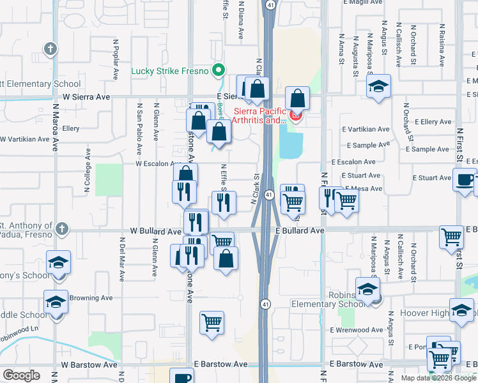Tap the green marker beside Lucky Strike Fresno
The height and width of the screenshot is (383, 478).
click(219, 70)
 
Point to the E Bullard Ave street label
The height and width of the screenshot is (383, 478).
click(301, 230)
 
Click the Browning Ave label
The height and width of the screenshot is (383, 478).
click(91, 297)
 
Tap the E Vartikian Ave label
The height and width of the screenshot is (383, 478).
click(365, 129)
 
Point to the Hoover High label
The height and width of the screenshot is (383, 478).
click(425, 313)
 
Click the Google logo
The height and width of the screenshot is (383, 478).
click(21, 375)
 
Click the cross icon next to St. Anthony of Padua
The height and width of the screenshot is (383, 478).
click(61, 228)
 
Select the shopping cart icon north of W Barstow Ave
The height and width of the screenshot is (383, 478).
click(212, 322)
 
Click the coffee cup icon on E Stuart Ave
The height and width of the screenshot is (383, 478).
click(465, 179)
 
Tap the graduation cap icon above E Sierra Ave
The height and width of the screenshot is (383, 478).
click(378, 86)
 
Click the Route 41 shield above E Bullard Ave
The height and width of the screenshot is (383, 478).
click(269, 195)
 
